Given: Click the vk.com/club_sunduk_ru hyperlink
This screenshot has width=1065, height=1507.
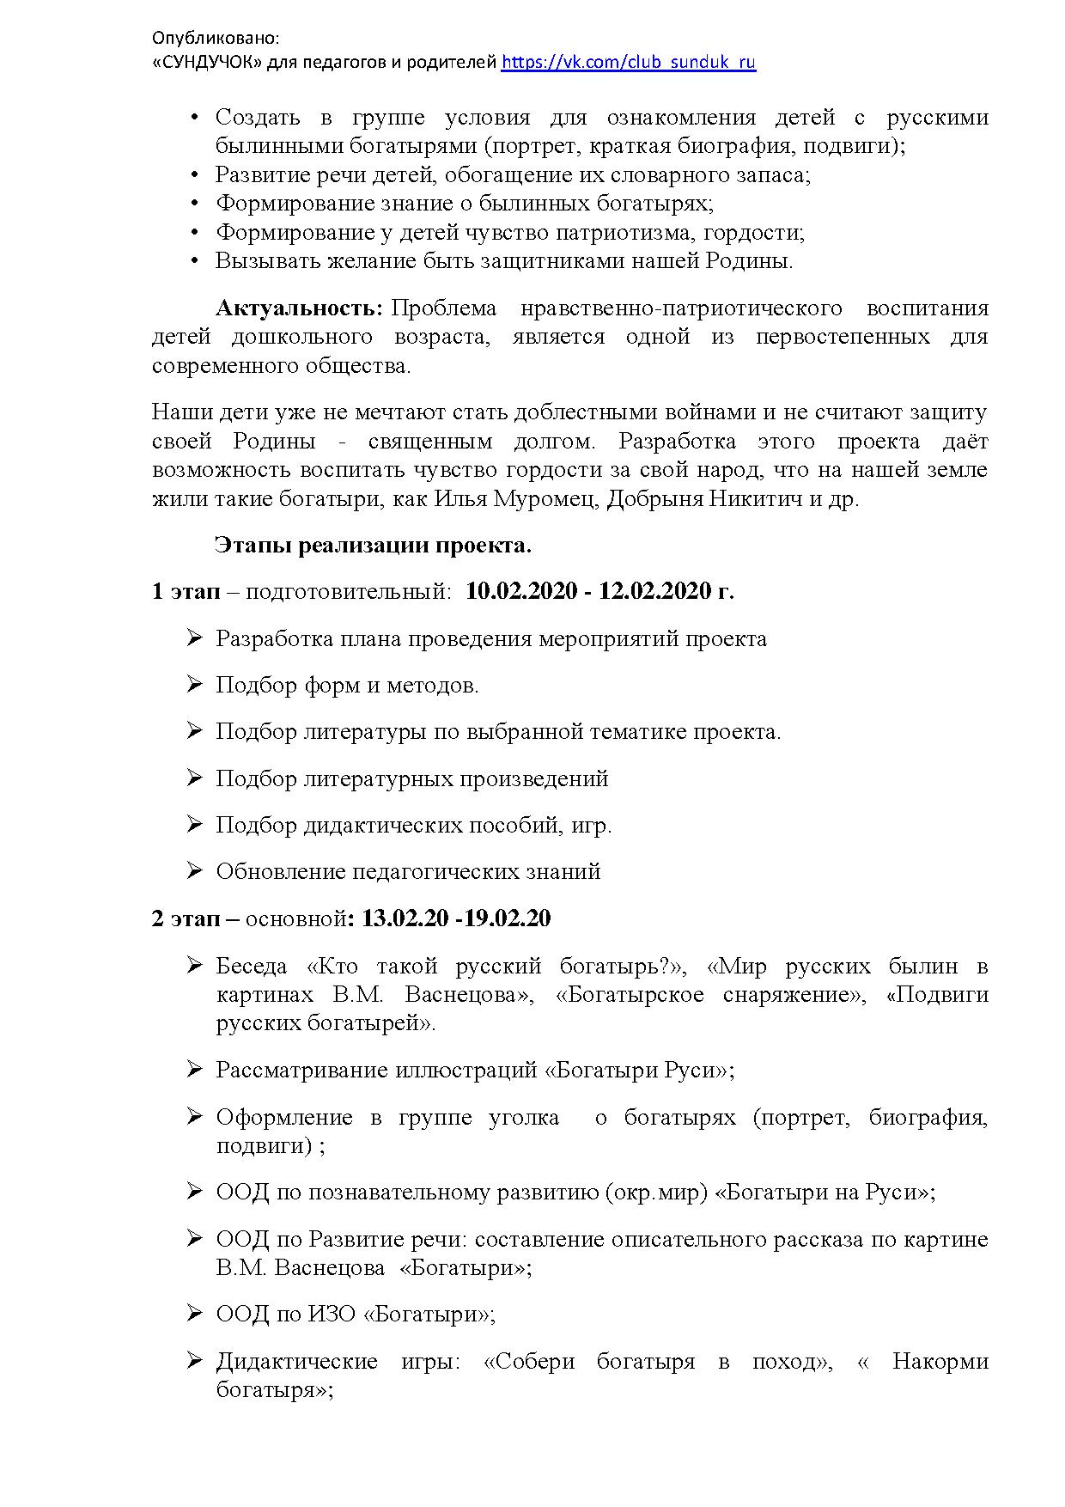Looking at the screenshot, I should (x=628, y=62).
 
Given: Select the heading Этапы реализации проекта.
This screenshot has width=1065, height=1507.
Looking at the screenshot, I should (x=374, y=546).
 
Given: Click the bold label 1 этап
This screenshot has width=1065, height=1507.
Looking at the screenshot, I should (x=186, y=591).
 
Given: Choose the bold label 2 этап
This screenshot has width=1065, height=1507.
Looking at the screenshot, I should (x=186, y=918).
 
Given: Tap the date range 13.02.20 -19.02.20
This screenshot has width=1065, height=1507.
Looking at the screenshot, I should (x=456, y=918).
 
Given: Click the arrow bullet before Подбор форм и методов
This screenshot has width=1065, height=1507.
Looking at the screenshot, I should (x=194, y=684).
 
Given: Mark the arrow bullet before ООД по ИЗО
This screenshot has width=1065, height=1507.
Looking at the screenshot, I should (x=194, y=1312).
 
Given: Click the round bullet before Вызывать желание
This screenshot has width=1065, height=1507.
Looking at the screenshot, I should (x=195, y=261).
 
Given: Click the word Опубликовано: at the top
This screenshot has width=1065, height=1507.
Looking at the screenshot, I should (x=216, y=39).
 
